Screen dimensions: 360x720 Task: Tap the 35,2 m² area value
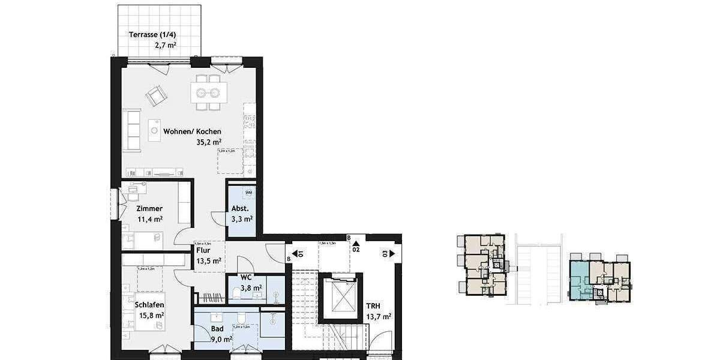[x=209, y=142]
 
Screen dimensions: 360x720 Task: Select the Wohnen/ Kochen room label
[x=200, y=131]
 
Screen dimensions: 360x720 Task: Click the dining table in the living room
[x=209, y=92]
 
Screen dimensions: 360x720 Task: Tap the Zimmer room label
[x=149, y=208]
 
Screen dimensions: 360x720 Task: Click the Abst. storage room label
[x=239, y=209]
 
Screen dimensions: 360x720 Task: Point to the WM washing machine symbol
[x=248, y=193]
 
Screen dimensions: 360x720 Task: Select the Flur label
[x=203, y=250]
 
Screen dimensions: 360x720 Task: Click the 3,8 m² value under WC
[x=251, y=288]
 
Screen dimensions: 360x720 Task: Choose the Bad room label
[x=217, y=329]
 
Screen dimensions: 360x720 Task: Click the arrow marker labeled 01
[x=296, y=253]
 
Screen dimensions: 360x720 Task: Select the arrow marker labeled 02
[x=355, y=245]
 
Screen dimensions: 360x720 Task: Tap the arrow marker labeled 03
[x=392, y=253]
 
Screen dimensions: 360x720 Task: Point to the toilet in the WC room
[x=235, y=293]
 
